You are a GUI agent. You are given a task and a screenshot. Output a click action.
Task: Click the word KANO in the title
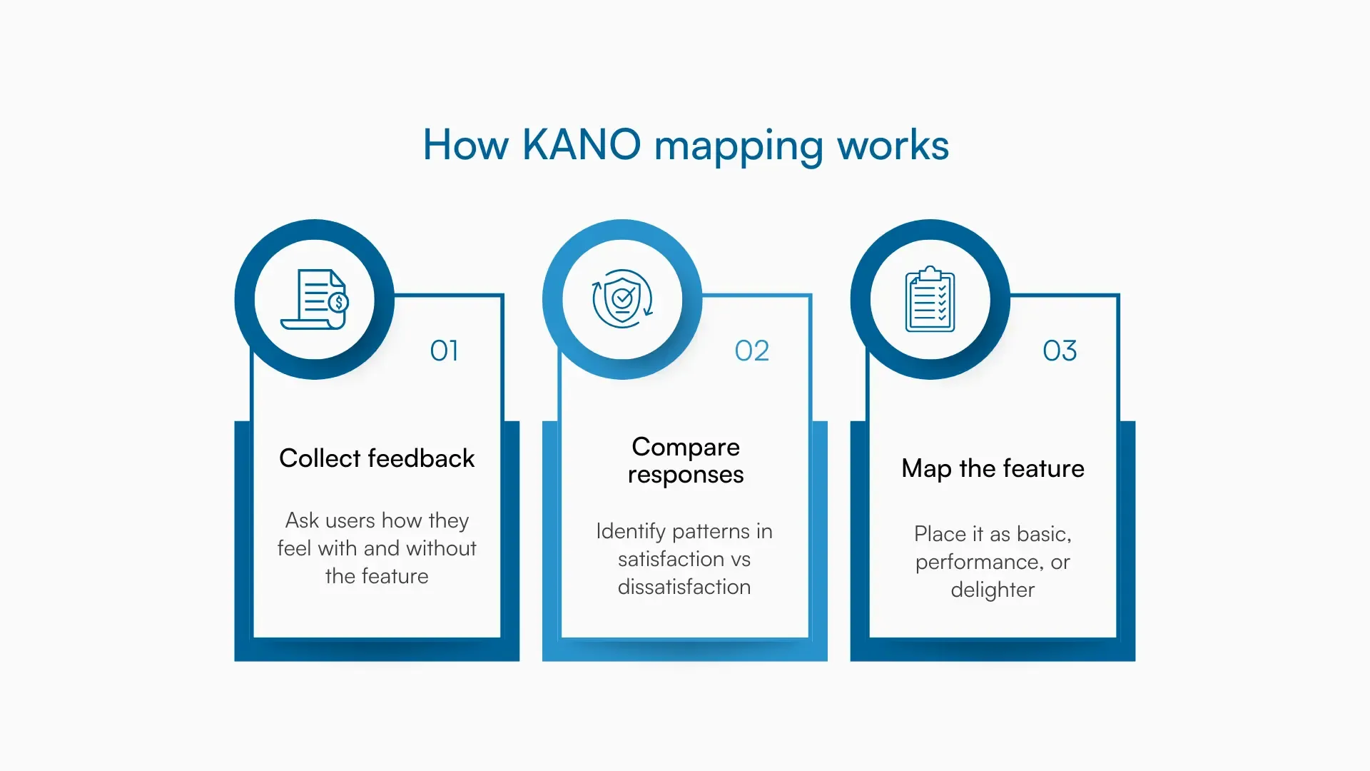click(582, 145)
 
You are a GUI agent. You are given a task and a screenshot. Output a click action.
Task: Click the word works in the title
click(893, 145)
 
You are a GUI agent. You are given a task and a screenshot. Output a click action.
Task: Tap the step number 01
click(444, 351)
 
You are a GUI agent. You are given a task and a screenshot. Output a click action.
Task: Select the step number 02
click(751, 351)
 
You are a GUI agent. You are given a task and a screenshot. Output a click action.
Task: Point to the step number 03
click(1060, 351)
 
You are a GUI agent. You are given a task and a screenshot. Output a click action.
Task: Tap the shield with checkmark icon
click(622, 299)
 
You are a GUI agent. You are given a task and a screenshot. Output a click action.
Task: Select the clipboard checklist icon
click(930, 299)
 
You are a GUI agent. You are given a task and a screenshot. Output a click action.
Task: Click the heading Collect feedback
click(377, 458)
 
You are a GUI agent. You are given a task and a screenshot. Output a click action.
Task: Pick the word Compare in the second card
click(685, 447)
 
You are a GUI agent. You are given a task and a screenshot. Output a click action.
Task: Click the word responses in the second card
click(685, 475)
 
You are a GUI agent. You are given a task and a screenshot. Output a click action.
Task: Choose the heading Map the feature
click(993, 468)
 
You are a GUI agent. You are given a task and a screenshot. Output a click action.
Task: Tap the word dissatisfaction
click(684, 587)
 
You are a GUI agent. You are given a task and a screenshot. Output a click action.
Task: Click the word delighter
click(992, 590)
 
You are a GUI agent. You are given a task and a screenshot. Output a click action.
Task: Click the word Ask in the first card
click(301, 520)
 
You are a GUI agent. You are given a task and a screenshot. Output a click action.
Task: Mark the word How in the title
click(465, 145)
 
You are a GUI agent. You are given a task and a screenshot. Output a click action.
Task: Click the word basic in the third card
click(1042, 534)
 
